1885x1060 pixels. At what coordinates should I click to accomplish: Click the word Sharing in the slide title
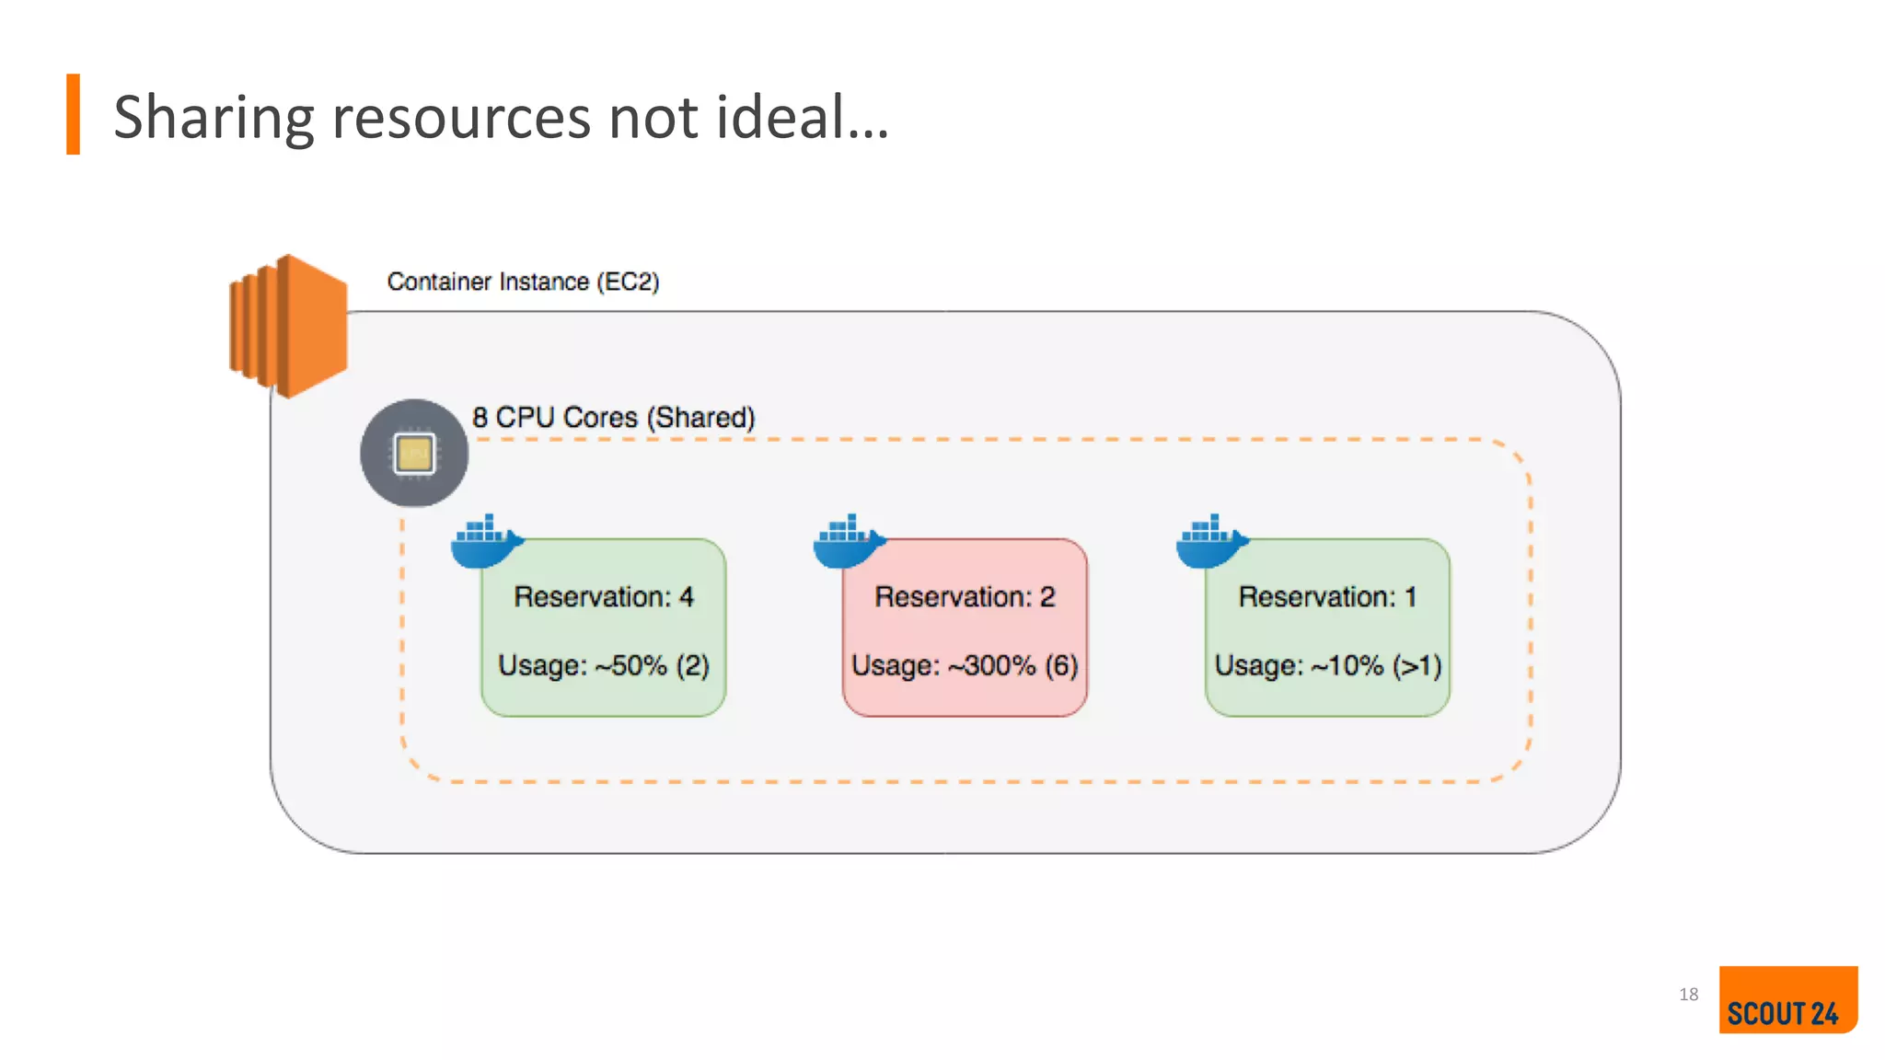click(214, 118)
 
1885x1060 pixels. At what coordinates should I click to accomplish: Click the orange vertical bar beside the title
click(73, 114)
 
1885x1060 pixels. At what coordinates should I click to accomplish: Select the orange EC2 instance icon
click(288, 327)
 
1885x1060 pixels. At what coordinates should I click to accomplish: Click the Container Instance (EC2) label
click(523, 282)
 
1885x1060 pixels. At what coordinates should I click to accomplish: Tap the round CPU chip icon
click(414, 453)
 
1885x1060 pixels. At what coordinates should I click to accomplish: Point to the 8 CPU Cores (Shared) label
click(613, 418)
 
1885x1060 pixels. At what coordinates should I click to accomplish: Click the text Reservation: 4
click(604, 597)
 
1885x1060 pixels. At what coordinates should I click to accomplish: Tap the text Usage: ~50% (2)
click(604, 665)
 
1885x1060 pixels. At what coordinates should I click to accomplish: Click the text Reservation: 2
click(965, 597)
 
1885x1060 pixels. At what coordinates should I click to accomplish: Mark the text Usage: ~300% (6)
click(965, 665)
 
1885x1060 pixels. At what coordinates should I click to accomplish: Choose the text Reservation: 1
click(1327, 597)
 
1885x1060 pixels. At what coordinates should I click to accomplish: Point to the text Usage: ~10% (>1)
click(1327, 665)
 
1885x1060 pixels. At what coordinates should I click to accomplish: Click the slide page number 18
click(1688, 995)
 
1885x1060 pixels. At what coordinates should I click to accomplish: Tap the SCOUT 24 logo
click(1787, 1000)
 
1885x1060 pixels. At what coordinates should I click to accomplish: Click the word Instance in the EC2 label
click(544, 282)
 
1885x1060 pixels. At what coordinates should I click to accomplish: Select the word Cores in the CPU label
click(600, 418)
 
